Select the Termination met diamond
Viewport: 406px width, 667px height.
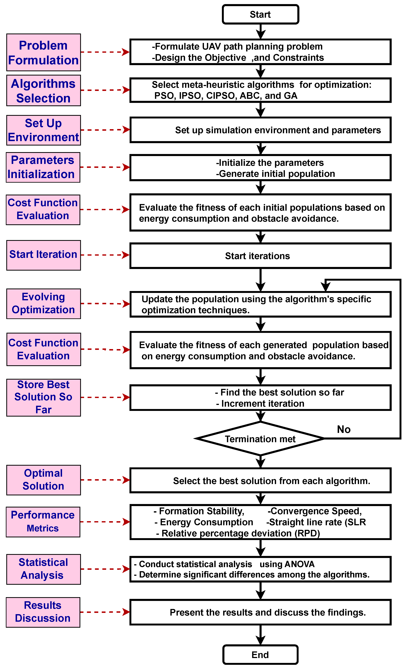tap(260, 439)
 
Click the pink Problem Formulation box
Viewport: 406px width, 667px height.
tap(43, 53)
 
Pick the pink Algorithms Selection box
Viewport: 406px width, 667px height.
tap(43, 91)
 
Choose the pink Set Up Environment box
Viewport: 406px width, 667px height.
tap(43, 130)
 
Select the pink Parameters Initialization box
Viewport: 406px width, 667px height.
tap(43, 167)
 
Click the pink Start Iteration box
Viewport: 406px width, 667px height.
tap(43, 255)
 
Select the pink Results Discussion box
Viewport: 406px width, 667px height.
tap(43, 612)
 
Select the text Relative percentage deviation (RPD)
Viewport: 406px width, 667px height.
tap(241, 533)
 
